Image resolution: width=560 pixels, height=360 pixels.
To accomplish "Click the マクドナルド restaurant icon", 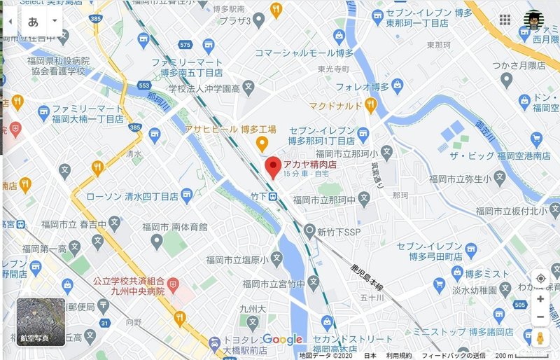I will tap(371, 105).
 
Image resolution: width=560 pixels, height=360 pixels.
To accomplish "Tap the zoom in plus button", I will tap(540, 299).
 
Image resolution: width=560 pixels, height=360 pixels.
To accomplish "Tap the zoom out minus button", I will tap(540, 318).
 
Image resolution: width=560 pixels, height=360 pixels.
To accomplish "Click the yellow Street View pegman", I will tap(540, 339).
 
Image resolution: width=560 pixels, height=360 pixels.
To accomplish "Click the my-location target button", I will tap(540, 278).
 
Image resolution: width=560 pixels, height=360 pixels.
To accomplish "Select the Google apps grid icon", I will tap(505, 20).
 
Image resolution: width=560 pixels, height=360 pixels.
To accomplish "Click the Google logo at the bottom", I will tap(283, 340).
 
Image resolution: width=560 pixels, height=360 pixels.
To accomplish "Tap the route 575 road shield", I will tap(185, 44).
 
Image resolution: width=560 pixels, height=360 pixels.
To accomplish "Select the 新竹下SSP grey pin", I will tap(309, 230).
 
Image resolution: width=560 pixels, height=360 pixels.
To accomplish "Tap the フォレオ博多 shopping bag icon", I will tap(398, 87).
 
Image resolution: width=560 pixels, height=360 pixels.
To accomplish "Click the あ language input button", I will tap(33, 21).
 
